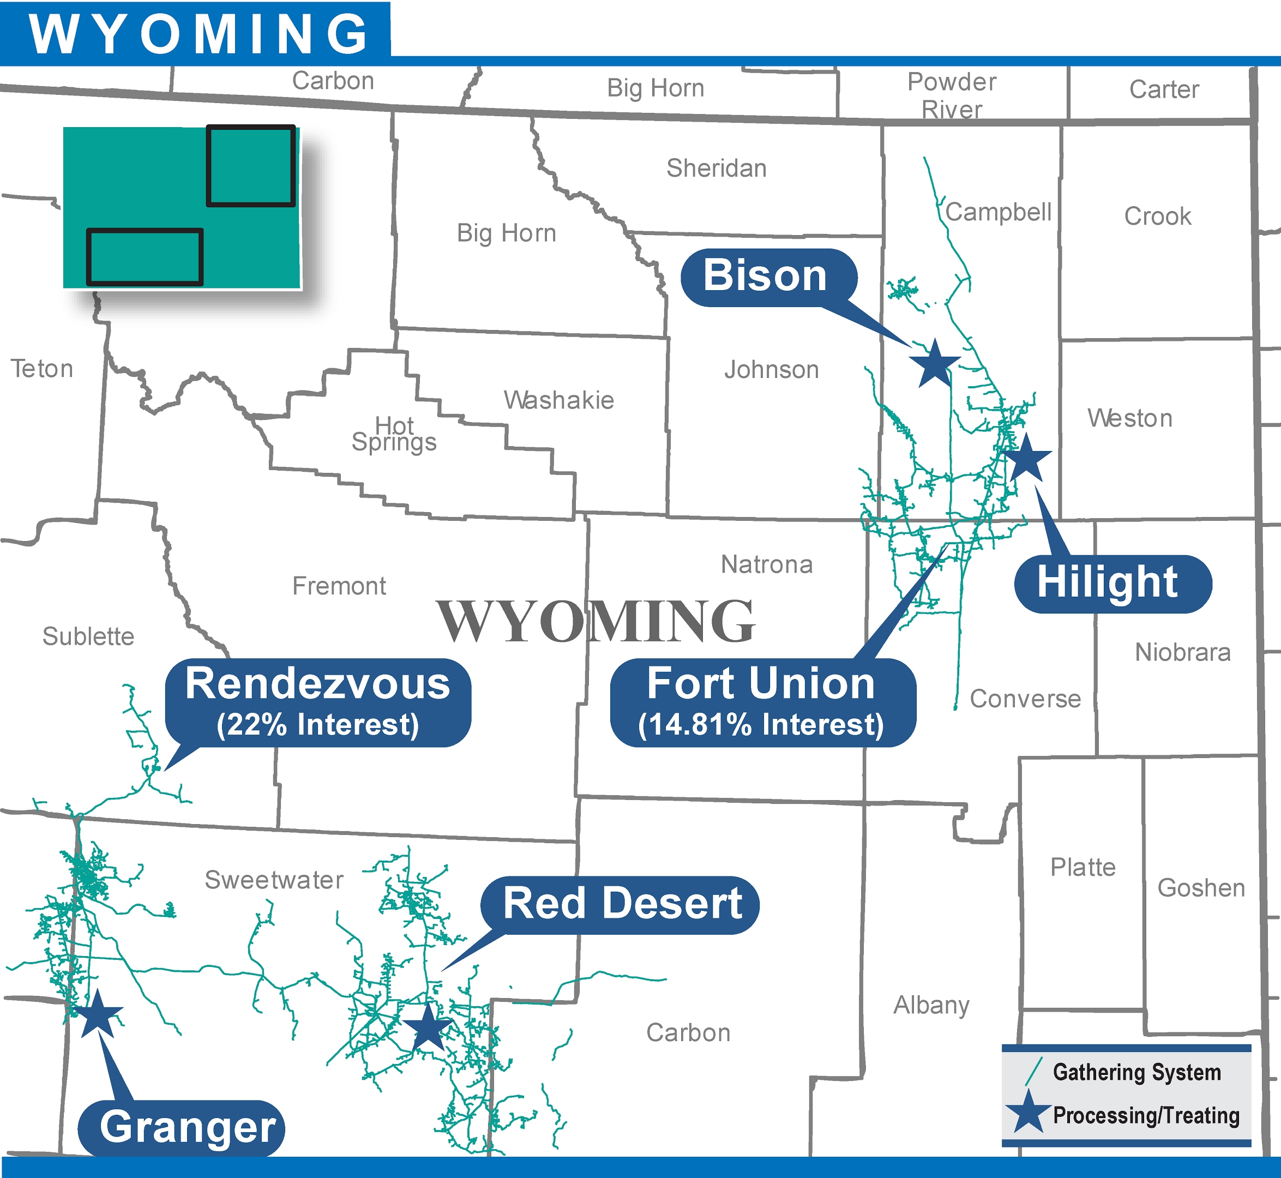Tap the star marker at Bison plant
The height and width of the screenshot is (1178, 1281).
(934, 364)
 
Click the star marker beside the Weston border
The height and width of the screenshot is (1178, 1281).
(1025, 458)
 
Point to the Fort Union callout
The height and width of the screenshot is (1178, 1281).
(762, 702)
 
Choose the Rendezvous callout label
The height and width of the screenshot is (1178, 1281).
(317, 702)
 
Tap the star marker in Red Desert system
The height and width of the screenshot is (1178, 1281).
(428, 1027)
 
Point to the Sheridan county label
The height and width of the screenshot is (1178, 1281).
(717, 169)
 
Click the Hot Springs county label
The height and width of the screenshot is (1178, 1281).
(394, 434)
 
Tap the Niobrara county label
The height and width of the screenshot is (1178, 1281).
(1182, 652)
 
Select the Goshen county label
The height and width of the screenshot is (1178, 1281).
(1201, 888)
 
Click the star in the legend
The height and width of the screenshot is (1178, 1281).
(1028, 1113)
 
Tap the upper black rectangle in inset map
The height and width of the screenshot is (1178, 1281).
(251, 166)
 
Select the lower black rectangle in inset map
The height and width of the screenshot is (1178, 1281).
(145, 256)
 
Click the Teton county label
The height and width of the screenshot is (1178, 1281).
(42, 369)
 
